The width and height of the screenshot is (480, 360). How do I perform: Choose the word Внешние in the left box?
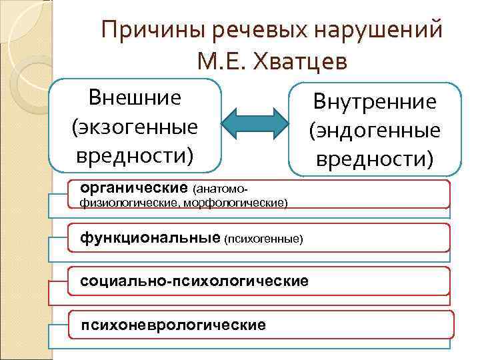click(135, 98)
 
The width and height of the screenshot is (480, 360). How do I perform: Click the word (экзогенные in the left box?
click(135, 126)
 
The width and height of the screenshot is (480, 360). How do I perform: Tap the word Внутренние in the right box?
click(375, 102)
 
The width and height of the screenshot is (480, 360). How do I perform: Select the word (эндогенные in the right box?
click(375, 130)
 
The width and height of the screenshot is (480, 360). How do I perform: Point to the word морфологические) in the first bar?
click(247, 202)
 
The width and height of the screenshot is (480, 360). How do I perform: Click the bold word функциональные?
click(150, 237)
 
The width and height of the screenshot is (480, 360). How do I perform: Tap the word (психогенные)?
click(264, 239)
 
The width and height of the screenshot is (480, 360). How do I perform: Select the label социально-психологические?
click(194, 281)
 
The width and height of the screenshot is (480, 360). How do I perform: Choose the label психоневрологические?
click(173, 324)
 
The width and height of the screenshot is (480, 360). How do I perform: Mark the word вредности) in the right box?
click(375, 159)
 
